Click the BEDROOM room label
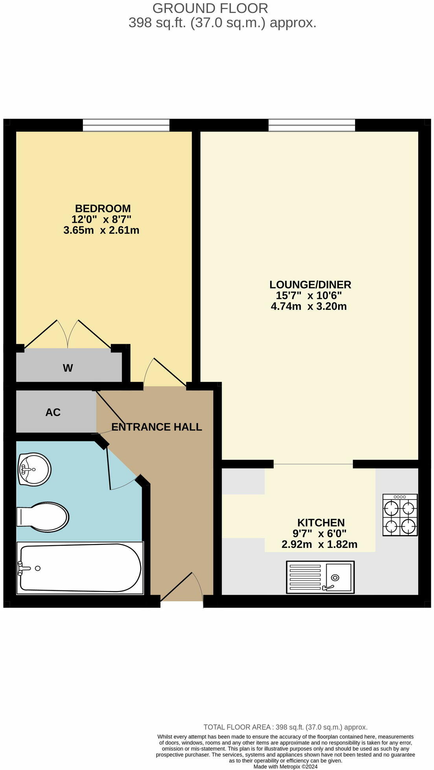coord(103,208)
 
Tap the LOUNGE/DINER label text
coord(310,284)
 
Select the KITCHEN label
coord(321,522)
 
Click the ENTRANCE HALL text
coord(156,427)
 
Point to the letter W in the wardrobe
coord(68,368)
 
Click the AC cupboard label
coord(53,412)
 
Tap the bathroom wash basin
coord(34,469)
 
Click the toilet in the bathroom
coord(43,517)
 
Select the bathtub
coord(80,568)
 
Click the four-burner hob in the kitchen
coord(400,515)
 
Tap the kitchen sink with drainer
coord(320,577)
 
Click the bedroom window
coord(126,125)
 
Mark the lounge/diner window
coord(311,125)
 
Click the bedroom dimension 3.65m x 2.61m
coord(101,230)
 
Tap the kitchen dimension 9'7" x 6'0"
coord(319,534)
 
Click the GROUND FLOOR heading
coord(210,8)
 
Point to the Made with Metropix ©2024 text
coord(285,766)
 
